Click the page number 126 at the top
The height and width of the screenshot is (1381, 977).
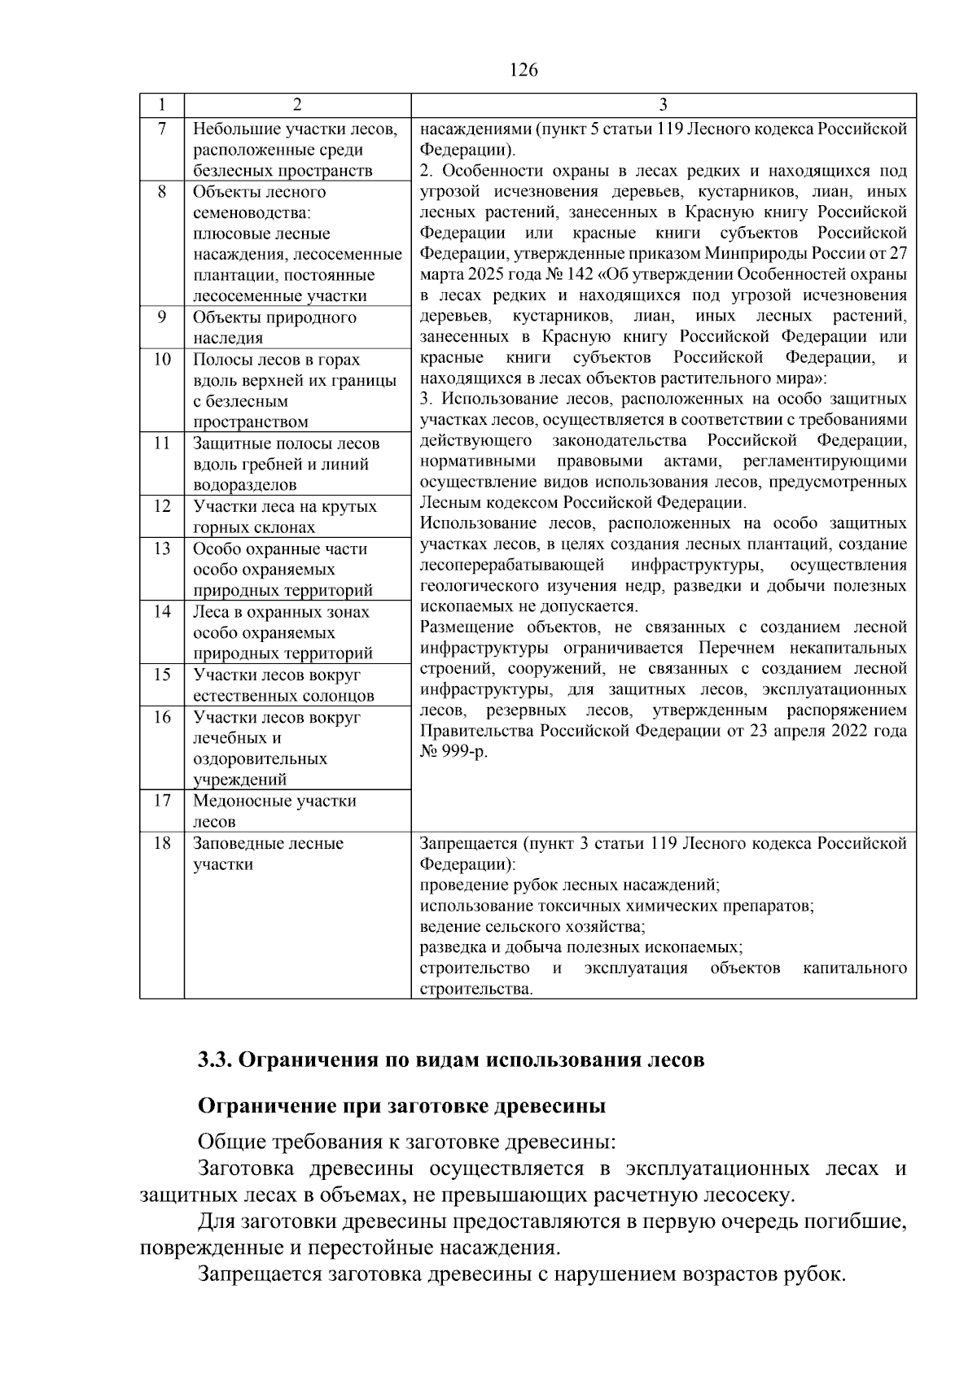524,70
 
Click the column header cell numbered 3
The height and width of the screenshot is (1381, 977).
663,105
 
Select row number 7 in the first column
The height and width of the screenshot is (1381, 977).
161,129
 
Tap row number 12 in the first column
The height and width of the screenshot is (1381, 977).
161,507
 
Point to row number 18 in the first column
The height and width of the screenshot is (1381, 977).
161,844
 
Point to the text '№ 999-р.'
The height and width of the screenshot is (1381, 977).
453,752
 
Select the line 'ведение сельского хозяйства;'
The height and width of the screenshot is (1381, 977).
532,927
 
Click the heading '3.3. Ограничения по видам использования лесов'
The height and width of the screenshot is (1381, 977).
451,1061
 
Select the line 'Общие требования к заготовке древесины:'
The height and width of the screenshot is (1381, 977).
407,1142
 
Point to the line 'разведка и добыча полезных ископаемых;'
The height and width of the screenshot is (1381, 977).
581,948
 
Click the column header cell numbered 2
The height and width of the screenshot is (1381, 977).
296,105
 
